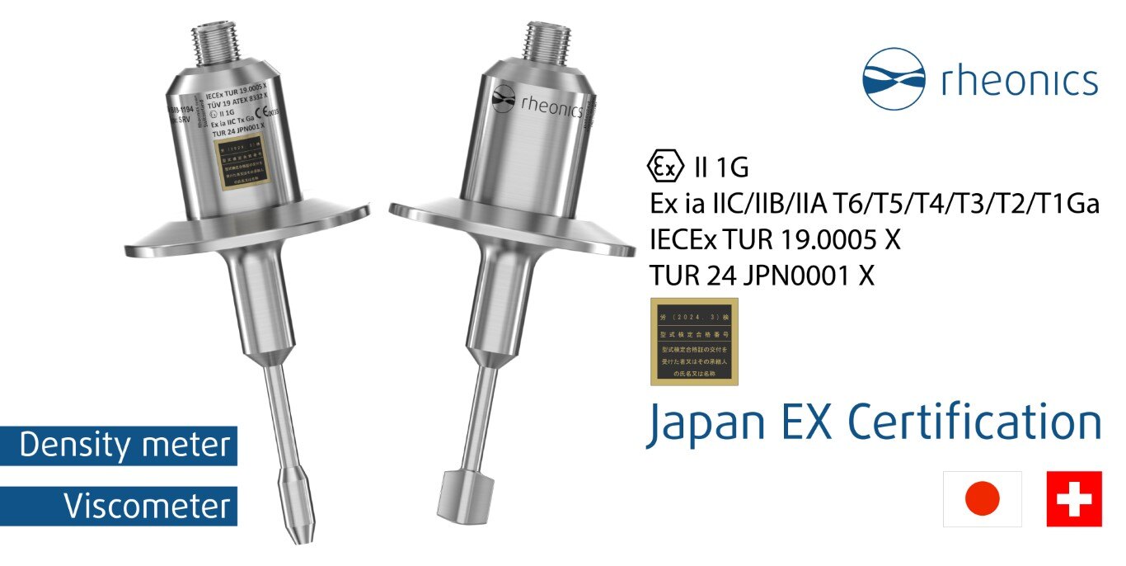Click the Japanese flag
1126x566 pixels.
(983, 498)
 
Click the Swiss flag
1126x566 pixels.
(1073, 498)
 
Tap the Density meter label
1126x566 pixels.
(124, 446)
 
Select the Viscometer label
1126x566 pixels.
(148, 506)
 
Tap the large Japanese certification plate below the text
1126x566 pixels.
(693, 342)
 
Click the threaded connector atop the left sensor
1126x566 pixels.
(216, 42)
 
